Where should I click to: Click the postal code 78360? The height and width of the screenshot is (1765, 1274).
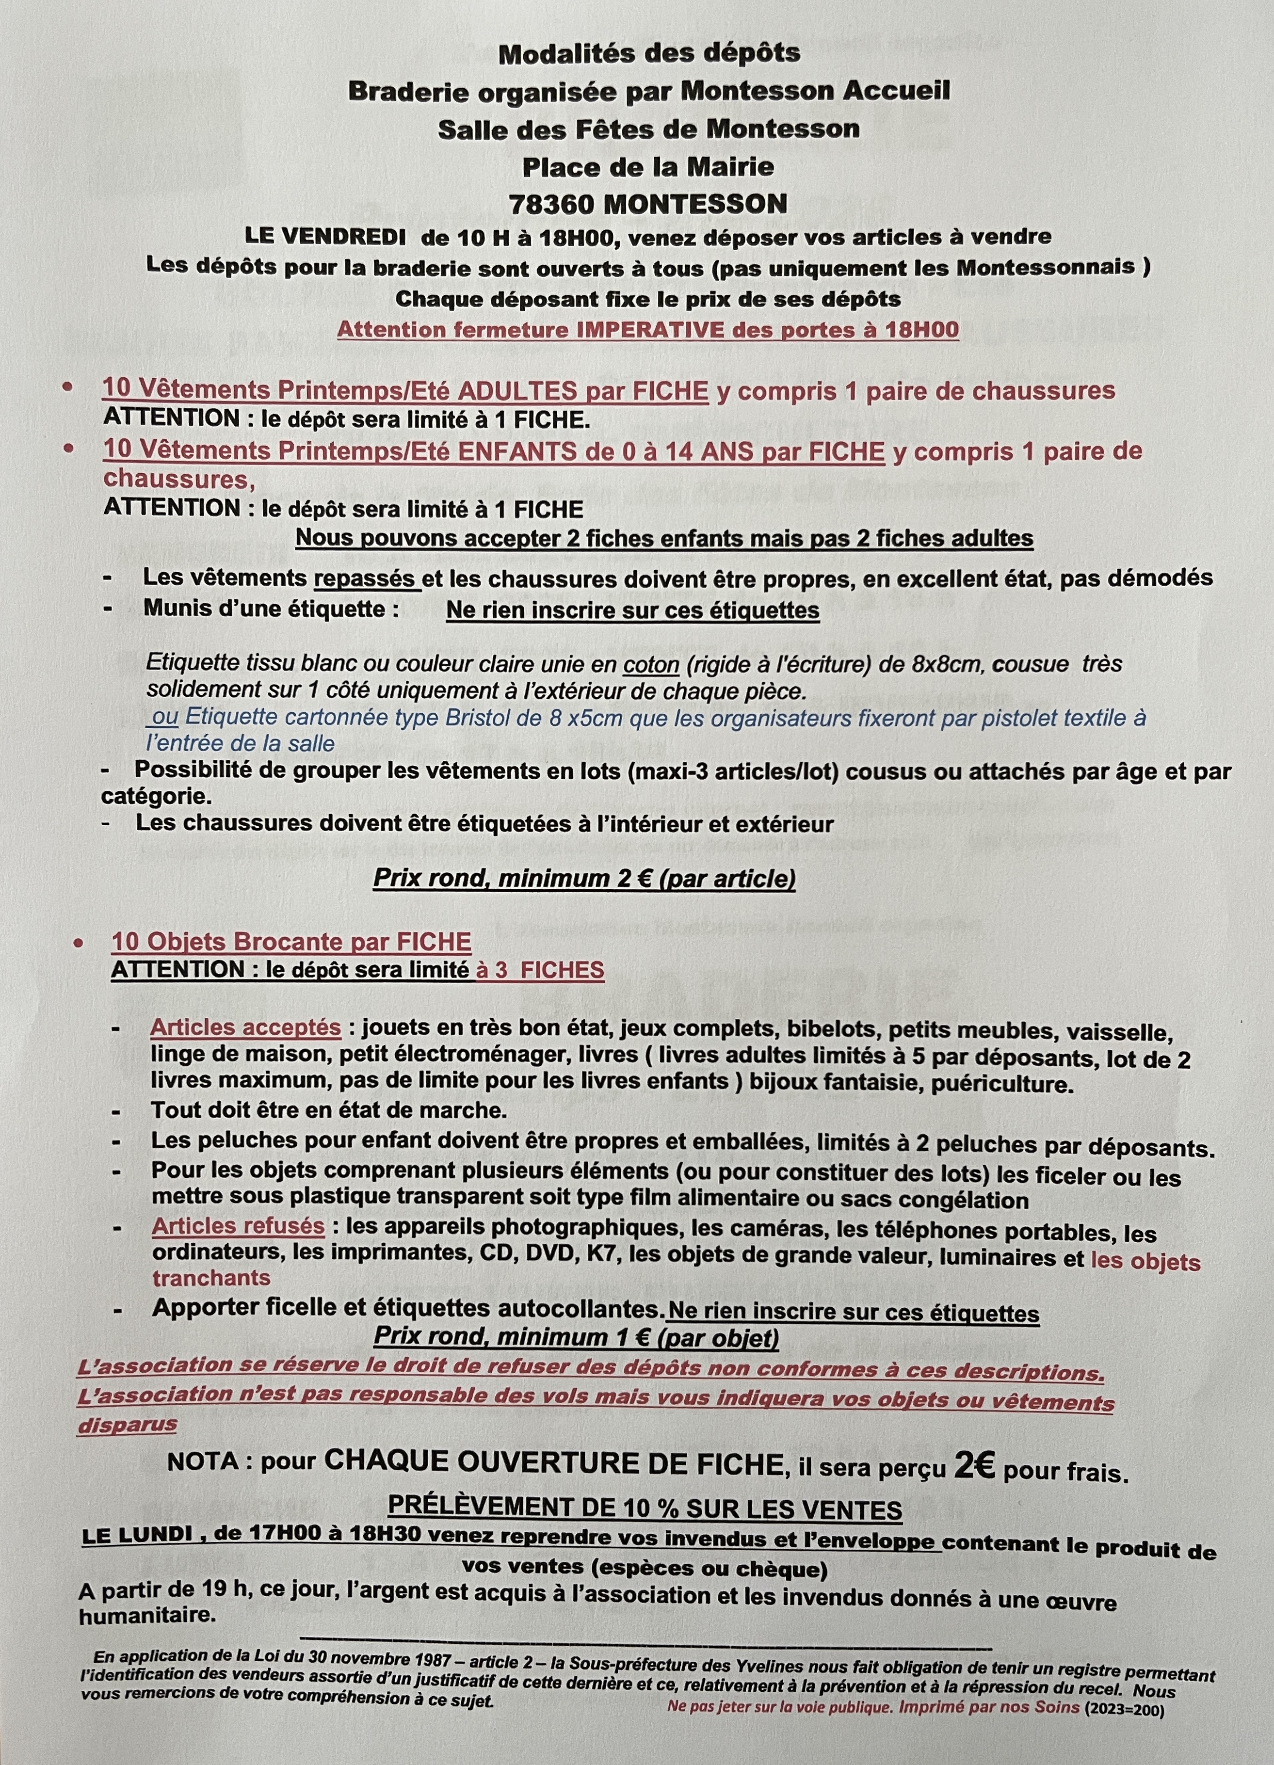[x=552, y=205]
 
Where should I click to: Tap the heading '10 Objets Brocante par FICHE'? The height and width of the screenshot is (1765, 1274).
[x=291, y=943]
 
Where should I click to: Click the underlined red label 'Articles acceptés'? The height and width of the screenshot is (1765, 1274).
[x=245, y=1028]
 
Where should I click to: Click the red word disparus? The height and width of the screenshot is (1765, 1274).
[x=127, y=1425]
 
